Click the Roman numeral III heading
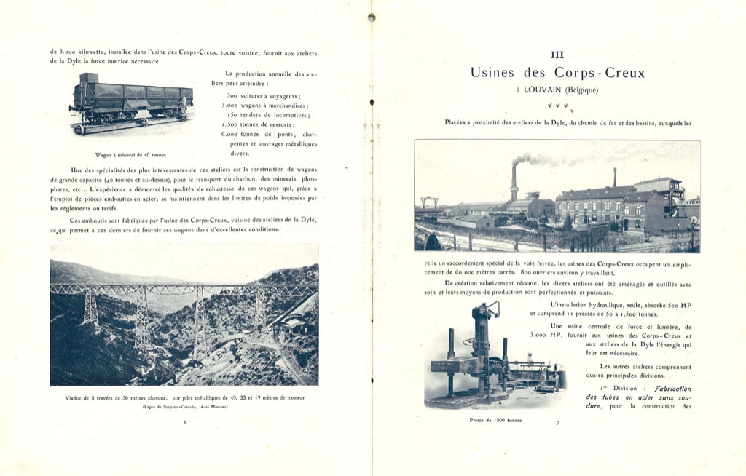pyautogui.click(x=557, y=55)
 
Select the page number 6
pyautogui.click(x=184, y=422)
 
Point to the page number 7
pyautogui.click(x=557, y=422)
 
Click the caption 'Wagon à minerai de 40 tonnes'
pyautogui.click(x=130, y=154)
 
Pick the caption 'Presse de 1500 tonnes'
pyautogui.click(x=495, y=420)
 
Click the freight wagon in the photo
pyautogui.click(x=131, y=100)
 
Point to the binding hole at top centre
pyautogui.click(x=371, y=17)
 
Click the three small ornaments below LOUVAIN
pyautogui.click(x=557, y=106)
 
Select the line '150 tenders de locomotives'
pyautogui.click(x=267, y=115)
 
